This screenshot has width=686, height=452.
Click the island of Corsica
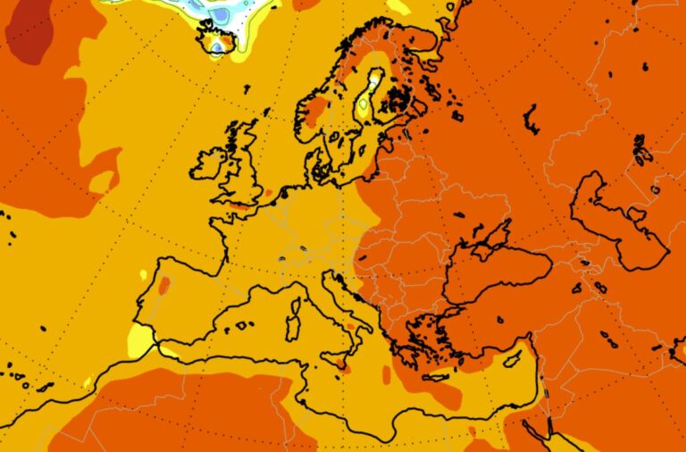[297, 287]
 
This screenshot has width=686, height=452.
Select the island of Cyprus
[512, 359]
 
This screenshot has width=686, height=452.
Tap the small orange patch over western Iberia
[163, 285]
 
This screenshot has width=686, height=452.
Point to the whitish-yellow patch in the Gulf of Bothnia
[364, 105]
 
